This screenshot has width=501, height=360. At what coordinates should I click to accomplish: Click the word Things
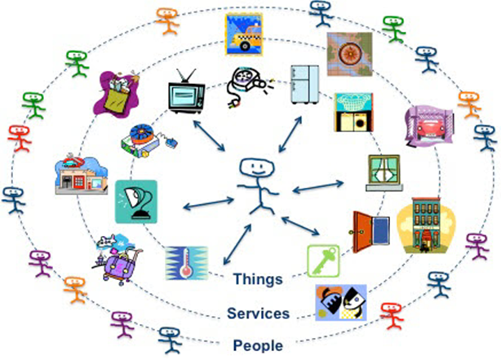pyautogui.click(x=258, y=279)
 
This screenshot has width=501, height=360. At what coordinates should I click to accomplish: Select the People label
pyautogui.click(x=258, y=345)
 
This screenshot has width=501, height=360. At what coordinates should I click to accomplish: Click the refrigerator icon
pyautogui.click(x=307, y=86)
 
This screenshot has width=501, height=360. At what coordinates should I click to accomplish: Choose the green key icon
pyautogui.click(x=322, y=260)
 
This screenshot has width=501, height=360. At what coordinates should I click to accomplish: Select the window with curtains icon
pyautogui.click(x=384, y=172)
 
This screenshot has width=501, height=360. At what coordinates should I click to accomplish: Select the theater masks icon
pyautogui.click(x=341, y=302)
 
